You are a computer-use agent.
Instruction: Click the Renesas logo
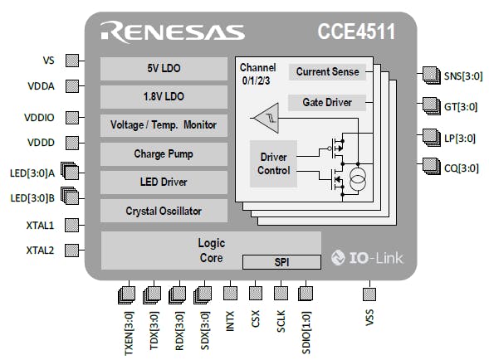coord(173,32)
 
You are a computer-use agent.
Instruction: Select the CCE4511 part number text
coord(355,32)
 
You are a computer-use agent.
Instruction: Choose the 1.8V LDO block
coord(163,97)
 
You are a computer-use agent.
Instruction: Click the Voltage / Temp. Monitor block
coord(163,125)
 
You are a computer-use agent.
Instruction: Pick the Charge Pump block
coord(163,153)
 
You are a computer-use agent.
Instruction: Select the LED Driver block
coord(163,182)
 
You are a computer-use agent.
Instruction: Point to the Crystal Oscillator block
coord(163,211)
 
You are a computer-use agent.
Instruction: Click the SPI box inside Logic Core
coord(281,262)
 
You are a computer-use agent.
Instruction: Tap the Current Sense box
coord(328,72)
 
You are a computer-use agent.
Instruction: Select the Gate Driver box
coord(328,103)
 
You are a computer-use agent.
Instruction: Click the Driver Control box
coord(274,163)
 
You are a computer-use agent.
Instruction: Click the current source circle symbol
coord(359,178)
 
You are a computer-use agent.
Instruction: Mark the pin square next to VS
coord(72,61)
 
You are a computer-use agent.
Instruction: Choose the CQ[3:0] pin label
coord(462,167)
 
